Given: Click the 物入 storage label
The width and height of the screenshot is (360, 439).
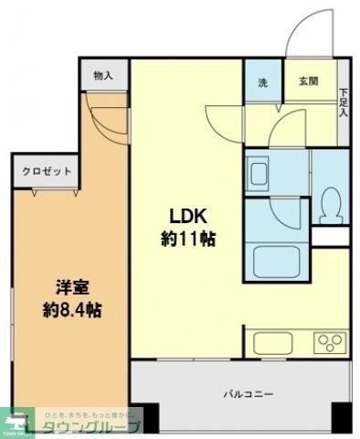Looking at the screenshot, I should tap(102, 77).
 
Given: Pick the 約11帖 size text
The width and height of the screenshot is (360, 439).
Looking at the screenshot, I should tap(189, 240).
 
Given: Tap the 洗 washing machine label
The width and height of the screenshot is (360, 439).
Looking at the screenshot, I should tap(262, 83).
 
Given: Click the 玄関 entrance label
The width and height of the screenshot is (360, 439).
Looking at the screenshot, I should tap(307, 82).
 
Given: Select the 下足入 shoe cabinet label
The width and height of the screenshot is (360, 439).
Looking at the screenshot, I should tap(344, 102).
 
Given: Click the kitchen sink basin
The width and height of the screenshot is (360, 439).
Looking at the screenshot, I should tap(273, 344).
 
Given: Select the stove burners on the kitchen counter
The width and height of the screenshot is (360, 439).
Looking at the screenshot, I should tap(327, 344).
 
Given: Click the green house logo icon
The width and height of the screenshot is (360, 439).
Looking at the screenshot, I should tap(16, 422).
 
